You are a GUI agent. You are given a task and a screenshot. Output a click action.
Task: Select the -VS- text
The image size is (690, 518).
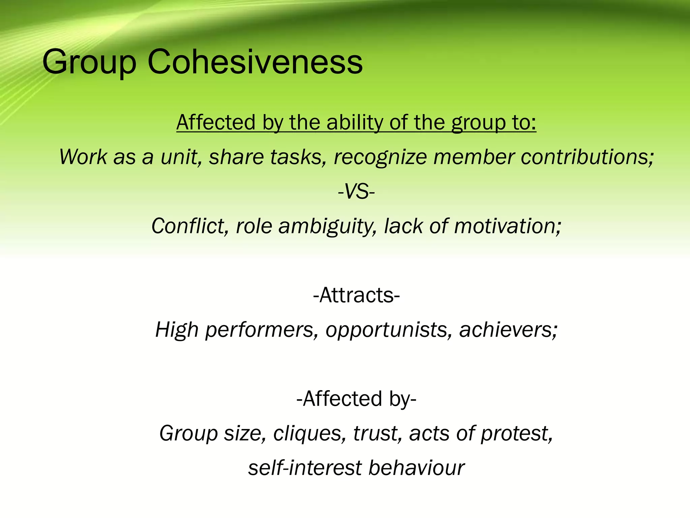(x=356, y=192)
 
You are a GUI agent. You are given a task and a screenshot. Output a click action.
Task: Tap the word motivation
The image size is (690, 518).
(x=507, y=226)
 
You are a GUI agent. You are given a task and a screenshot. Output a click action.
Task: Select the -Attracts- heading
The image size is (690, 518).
(x=356, y=295)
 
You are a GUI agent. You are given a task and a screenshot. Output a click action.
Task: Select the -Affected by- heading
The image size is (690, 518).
(x=356, y=399)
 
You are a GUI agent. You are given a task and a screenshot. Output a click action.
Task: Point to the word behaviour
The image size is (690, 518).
(x=416, y=468)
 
